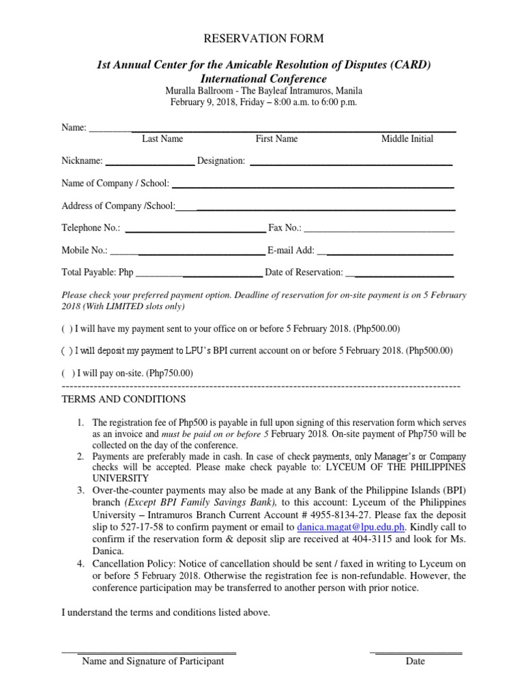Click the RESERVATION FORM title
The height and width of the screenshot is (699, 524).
261,39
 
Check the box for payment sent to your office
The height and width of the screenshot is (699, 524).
66,328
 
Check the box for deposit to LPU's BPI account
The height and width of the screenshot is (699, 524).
66,351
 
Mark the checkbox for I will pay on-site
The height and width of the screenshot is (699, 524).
66,373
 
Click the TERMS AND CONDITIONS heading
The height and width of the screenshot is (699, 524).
123,399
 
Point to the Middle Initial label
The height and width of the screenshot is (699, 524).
407,139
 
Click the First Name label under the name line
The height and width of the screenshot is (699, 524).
276,139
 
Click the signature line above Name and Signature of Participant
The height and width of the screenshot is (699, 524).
150,653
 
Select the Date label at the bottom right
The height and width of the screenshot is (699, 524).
415,661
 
